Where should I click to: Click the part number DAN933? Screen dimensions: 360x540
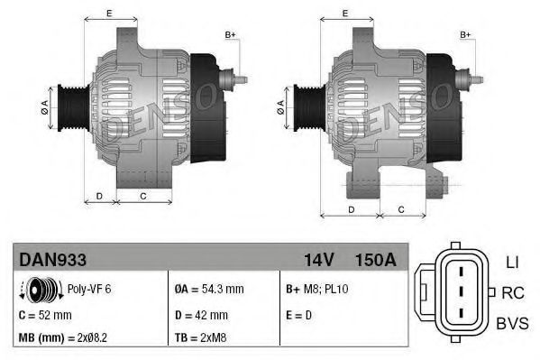click(x=53, y=260)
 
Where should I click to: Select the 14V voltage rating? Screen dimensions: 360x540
click(x=319, y=260)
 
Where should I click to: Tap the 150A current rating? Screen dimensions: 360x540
click(x=375, y=260)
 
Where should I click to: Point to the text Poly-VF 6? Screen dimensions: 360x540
click(x=90, y=291)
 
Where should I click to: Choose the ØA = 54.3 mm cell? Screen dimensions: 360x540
click(x=208, y=291)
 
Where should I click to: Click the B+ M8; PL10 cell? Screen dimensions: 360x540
click(x=319, y=291)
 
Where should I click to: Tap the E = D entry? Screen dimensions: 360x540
click(x=300, y=315)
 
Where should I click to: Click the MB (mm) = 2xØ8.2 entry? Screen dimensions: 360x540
click(x=63, y=338)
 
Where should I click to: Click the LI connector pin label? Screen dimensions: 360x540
click(x=510, y=263)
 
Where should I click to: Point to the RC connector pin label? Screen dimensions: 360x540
click(x=512, y=292)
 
